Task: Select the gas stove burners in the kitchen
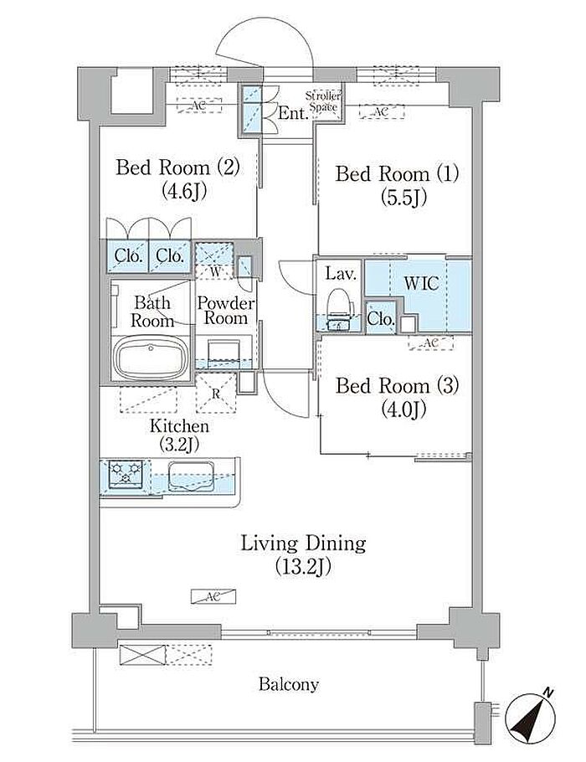(x=126, y=473)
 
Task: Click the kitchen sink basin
(x=192, y=476)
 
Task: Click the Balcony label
(x=289, y=684)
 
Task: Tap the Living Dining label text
(x=303, y=543)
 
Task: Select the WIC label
(x=421, y=283)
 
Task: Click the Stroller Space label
(x=324, y=101)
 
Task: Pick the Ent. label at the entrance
(x=294, y=113)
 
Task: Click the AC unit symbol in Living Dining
(x=213, y=596)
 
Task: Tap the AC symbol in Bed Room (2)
(x=198, y=105)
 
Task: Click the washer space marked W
(x=215, y=260)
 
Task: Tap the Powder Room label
(x=225, y=311)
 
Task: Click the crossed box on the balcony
(x=142, y=654)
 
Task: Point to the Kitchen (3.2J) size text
(x=179, y=443)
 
